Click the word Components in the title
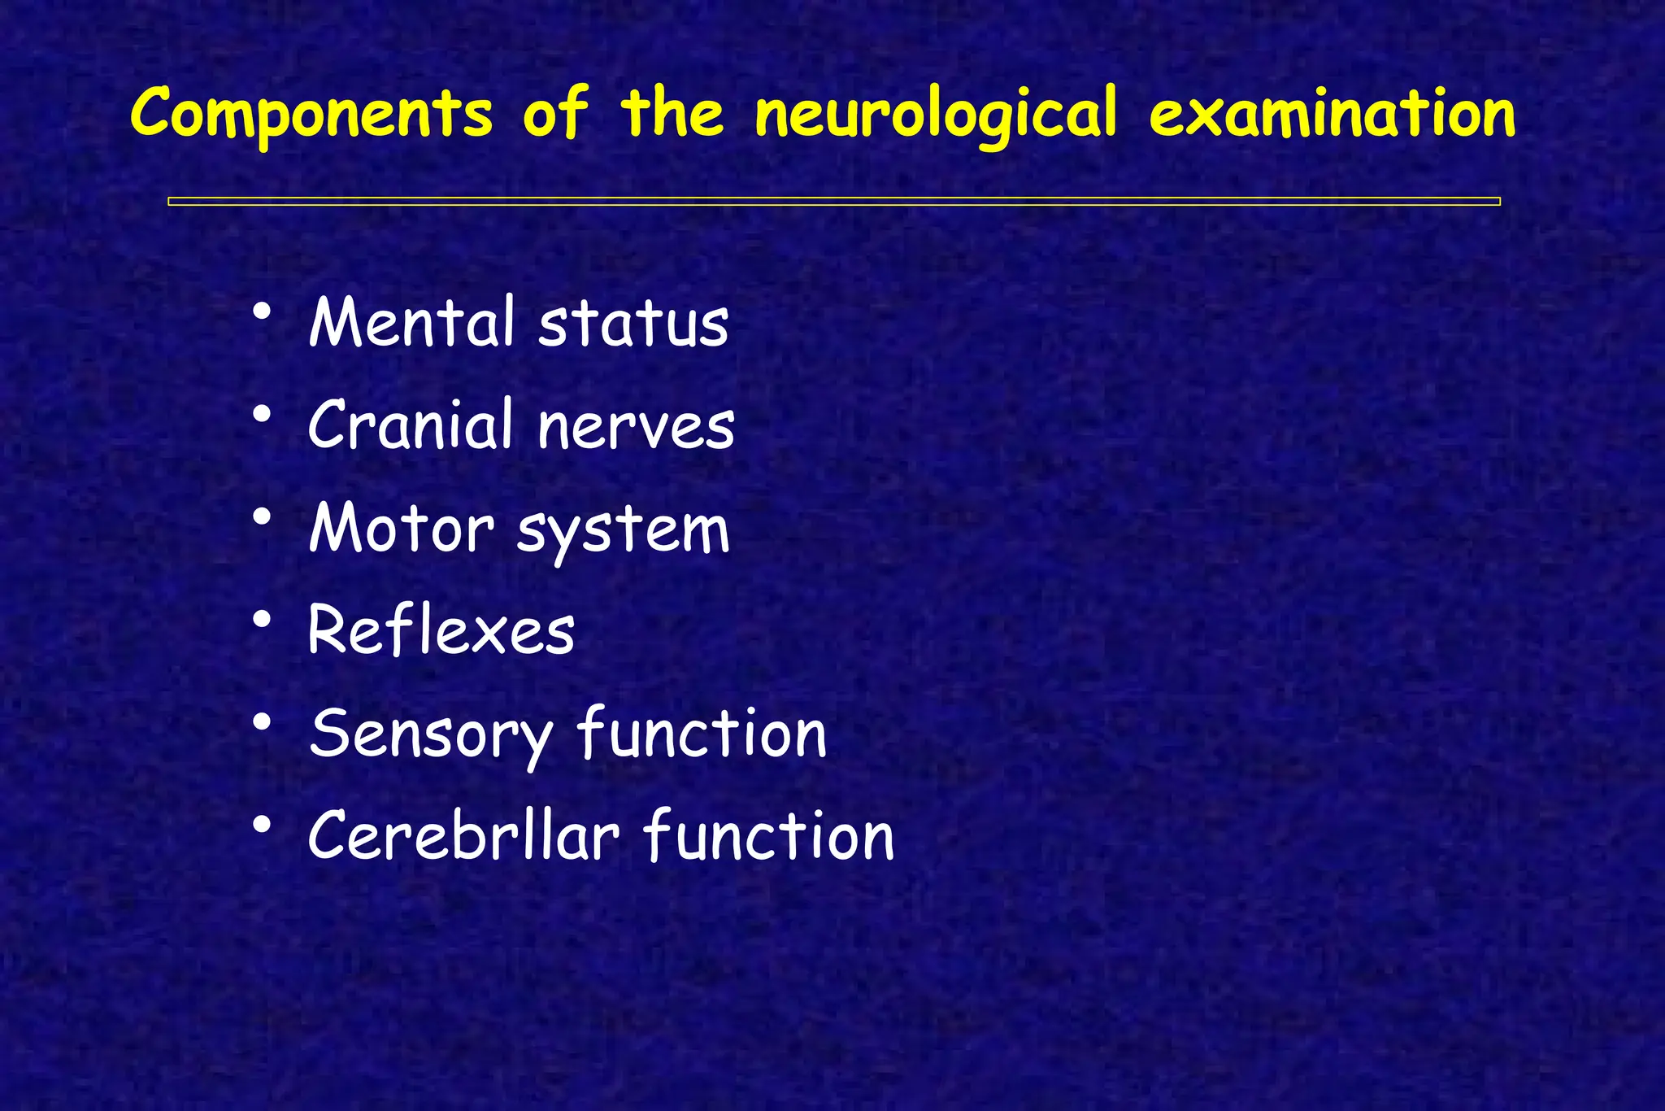coord(311,114)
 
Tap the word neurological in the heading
coord(935,114)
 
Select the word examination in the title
coord(1332,114)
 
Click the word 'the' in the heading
coord(672,114)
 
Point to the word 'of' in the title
coord(554,114)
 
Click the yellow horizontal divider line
coord(833,202)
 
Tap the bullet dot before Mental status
coord(261,312)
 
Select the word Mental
coord(412,323)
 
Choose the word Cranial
coord(411,425)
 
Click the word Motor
coord(402,529)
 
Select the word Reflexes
coord(441,631)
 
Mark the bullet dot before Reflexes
coord(261,621)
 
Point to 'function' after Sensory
coord(702,733)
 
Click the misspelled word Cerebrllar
coord(463,837)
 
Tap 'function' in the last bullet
coord(769,835)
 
